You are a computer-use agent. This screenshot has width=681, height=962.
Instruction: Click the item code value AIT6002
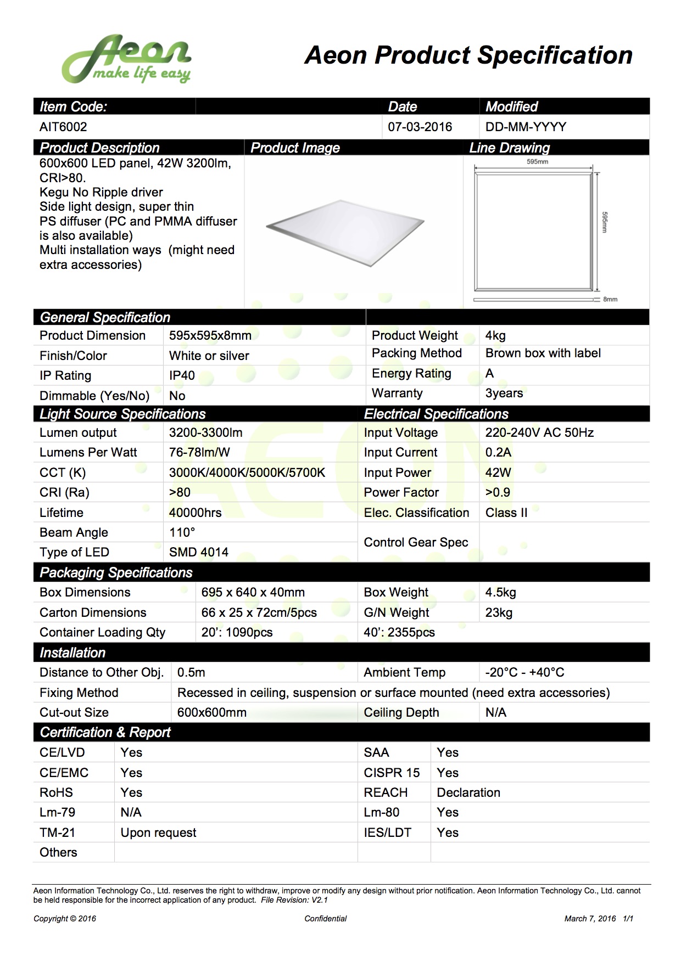(x=63, y=127)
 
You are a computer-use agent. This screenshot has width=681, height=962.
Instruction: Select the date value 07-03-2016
(x=420, y=127)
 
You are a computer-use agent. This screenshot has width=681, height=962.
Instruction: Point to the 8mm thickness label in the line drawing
(x=610, y=299)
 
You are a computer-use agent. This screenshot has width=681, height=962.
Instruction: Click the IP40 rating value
(x=182, y=375)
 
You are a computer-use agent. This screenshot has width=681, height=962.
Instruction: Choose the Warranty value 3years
(x=504, y=393)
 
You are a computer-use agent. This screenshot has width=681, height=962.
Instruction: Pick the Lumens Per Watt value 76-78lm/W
(x=199, y=452)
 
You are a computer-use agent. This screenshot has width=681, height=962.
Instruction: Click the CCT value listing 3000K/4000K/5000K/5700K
(x=247, y=472)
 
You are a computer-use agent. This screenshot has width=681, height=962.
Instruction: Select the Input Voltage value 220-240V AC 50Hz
(x=539, y=432)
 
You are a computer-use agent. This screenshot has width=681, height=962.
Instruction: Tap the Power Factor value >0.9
(x=497, y=492)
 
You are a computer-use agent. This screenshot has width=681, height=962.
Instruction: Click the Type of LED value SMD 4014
(x=198, y=552)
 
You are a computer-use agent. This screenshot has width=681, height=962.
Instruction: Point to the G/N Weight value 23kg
(x=498, y=612)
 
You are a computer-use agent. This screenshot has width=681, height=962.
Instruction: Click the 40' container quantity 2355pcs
(x=399, y=632)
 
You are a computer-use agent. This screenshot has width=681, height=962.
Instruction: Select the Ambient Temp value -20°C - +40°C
(x=524, y=672)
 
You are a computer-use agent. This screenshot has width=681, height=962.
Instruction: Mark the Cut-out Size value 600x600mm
(x=211, y=712)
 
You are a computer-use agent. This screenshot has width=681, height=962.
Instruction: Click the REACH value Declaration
(x=468, y=792)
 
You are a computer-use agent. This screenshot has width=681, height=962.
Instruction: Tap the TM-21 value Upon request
(x=158, y=832)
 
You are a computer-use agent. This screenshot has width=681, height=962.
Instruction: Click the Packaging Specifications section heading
(x=116, y=572)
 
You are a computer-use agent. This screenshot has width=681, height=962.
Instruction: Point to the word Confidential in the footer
(x=326, y=919)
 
